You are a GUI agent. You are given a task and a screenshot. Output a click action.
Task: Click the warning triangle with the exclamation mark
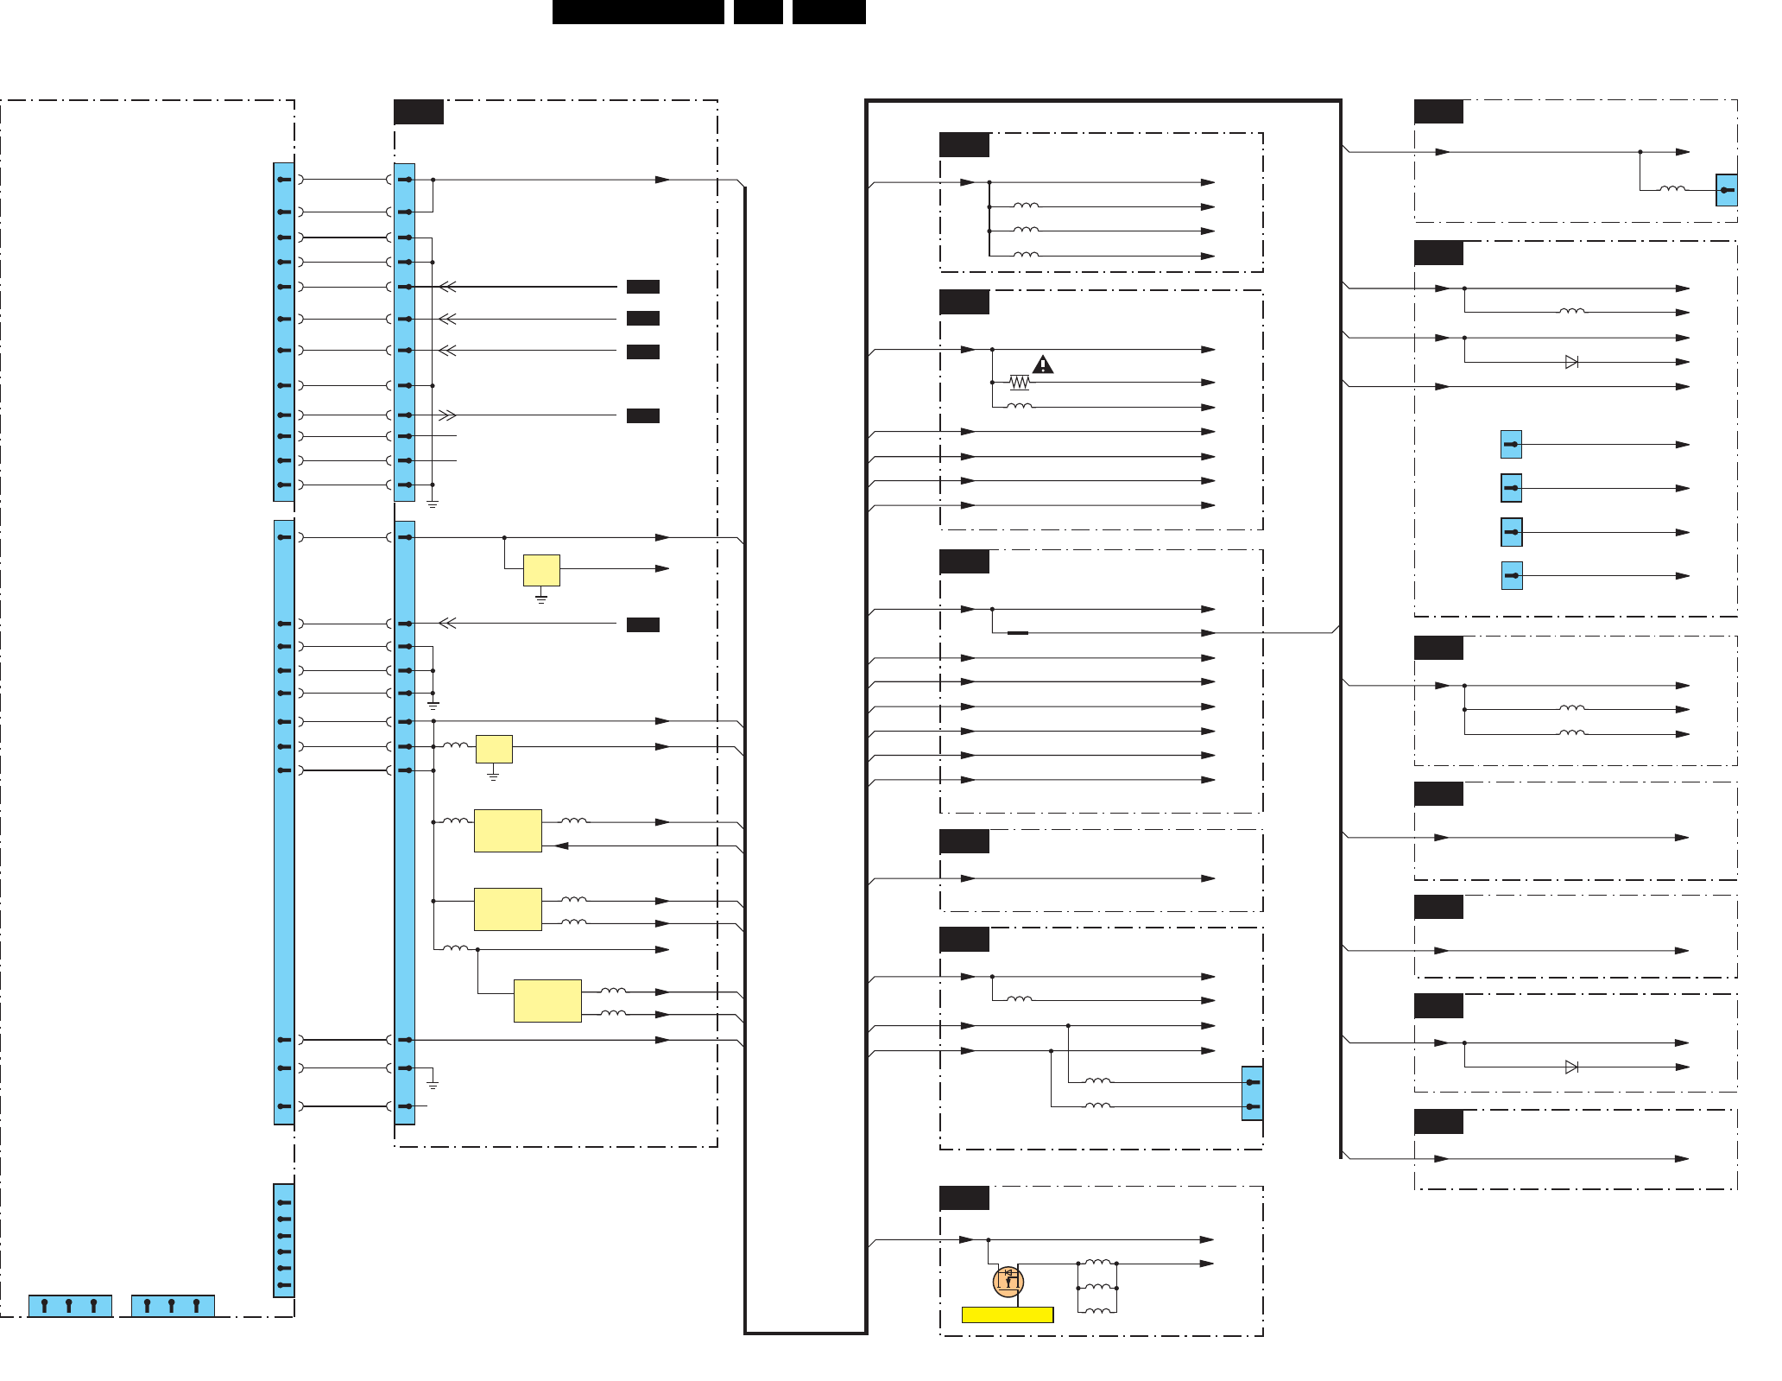pos(1043,364)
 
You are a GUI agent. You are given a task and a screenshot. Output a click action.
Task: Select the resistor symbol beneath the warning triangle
pos(1020,382)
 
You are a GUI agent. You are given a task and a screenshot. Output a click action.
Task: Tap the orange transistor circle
pos(1008,1281)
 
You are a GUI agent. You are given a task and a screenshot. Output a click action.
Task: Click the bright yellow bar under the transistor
pos(1008,1314)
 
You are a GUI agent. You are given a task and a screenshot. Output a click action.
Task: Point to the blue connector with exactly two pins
pos(1252,1093)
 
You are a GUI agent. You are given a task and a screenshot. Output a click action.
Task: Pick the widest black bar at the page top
pos(638,11)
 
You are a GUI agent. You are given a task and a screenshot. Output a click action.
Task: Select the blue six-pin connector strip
pos(284,1241)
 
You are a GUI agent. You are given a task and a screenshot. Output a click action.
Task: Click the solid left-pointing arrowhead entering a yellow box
pos(561,846)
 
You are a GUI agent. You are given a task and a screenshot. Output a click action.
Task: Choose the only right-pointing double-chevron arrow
pos(447,415)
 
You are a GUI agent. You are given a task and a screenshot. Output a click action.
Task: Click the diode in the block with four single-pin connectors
pos(1571,362)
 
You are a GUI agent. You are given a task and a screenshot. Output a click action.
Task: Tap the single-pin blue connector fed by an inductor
pos(1726,190)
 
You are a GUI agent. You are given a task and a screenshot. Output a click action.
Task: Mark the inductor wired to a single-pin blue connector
pos(1672,188)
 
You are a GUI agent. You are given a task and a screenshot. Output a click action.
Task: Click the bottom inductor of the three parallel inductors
pos(1097,1311)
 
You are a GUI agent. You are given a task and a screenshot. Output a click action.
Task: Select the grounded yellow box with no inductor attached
pos(541,570)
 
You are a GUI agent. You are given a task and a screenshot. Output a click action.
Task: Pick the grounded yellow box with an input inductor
pos(494,749)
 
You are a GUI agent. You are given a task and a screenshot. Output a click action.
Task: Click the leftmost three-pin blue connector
pos(70,1306)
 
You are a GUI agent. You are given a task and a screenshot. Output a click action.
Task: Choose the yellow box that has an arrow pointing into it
pos(508,831)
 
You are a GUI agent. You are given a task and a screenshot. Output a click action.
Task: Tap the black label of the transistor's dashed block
pos(964,1198)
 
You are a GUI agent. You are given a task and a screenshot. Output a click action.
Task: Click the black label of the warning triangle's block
pos(964,302)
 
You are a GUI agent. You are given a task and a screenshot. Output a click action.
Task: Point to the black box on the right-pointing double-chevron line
pos(643,415)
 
